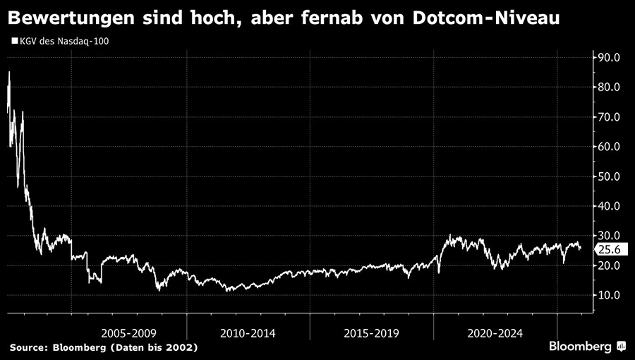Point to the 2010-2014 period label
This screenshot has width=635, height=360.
[248, 332]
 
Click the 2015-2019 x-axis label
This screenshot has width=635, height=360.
[372, 332]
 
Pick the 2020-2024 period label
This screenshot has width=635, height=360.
[495, 332]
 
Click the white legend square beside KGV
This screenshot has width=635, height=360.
[14, 41]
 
